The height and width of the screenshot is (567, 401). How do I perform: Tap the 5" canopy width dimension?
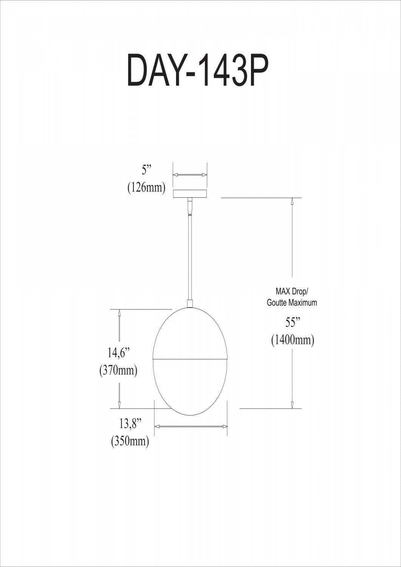146,170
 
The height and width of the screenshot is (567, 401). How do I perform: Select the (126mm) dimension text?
146,187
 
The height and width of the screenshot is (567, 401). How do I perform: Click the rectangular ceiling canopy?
190,194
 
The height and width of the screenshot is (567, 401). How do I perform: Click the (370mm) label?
118,370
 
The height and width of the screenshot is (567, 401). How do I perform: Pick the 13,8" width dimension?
130,424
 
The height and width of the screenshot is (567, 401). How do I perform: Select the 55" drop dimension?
293,322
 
